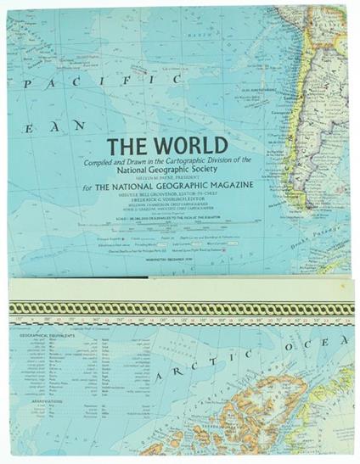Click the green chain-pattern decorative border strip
[x=180, y=309]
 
